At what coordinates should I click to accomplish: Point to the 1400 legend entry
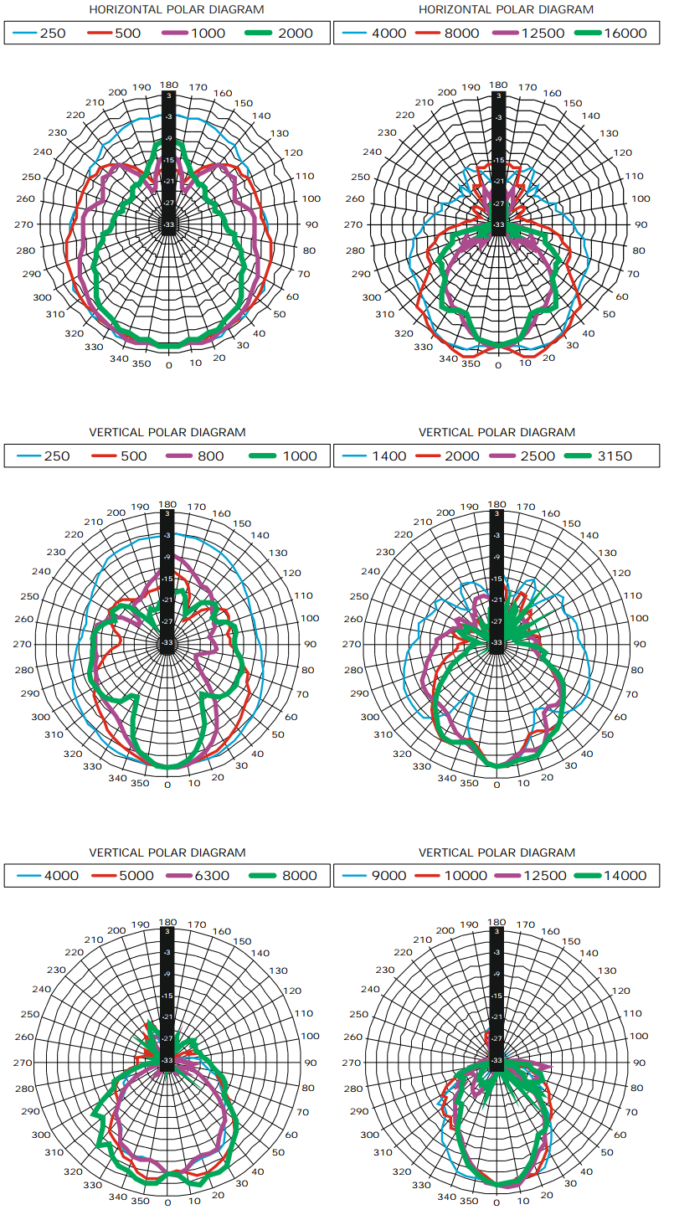(x=389, y=456)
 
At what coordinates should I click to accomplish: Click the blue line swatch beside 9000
(x=352, y=876)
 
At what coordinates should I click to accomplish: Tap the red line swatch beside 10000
(x=432, y=876)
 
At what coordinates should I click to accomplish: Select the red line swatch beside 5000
(x=105, y=876)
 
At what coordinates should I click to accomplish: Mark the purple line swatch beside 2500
(x=510, y=456)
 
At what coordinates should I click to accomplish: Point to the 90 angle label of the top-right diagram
(x=641, y=224)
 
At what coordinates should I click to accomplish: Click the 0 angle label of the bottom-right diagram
(x=497, y=1202)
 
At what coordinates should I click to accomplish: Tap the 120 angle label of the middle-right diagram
(x=624, y=574)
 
